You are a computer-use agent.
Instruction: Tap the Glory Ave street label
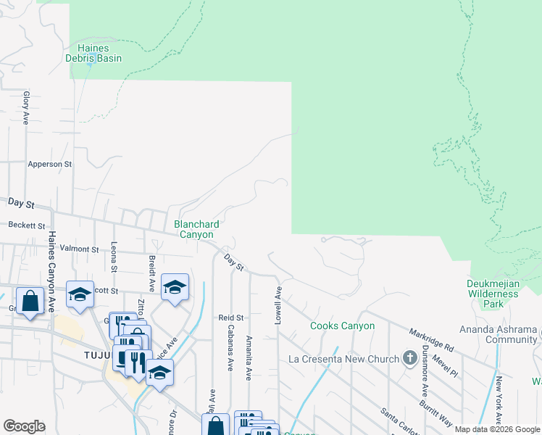(x=25, y=107)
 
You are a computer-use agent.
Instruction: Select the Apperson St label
(x=49, y=165)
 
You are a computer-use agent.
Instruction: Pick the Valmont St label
(x=79, y=249)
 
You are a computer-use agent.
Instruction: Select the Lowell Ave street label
(x=278, y=299)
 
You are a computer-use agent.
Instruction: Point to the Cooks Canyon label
(x=343, y=326)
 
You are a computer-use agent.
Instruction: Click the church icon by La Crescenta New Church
(x=409, y=358)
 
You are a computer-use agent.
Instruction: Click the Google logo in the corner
(x=24, y=426)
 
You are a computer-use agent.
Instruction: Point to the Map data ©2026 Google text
(x=497, y=429)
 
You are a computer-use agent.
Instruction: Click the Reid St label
(x=231, y=318)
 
